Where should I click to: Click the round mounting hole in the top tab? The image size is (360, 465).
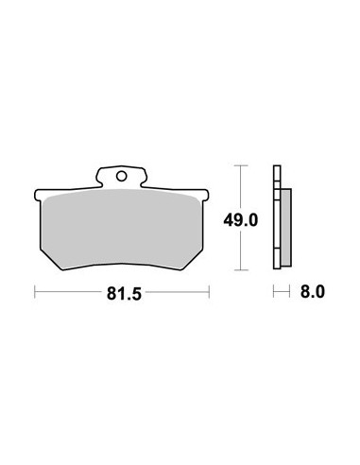coord(121,176)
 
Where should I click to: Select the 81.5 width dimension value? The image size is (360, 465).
coord(124,294)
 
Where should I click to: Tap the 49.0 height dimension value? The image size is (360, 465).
coord(241,220)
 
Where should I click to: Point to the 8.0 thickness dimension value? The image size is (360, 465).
coord(312,292)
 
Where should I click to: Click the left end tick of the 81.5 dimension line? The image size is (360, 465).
coord(35,292)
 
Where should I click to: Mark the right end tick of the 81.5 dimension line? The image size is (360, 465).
coord(209,292)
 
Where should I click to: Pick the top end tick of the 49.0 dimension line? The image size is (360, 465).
coord(241,165)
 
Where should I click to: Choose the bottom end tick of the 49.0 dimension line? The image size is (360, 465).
coord(241,270)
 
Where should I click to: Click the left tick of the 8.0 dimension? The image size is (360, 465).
coord(274,292)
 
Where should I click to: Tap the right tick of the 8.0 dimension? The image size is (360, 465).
coord(289,292)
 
